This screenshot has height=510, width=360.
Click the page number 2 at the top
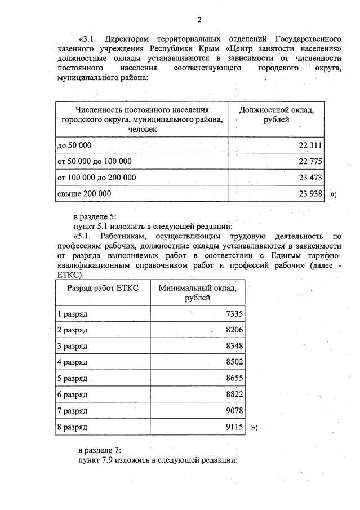click(x=199, y=20)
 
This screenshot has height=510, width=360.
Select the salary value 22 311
click(x=310, y=145)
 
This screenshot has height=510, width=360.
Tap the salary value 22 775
click(x=310, y=161)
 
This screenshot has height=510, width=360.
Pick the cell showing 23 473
click(x=310, y=177)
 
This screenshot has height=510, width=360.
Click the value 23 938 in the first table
click(x=310, y=193)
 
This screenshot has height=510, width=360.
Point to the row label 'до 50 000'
click(x=74, y=145)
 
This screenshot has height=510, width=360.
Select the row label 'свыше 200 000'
click(x=84, y=193)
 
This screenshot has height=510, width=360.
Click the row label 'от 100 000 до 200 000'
click(x=96, y=177)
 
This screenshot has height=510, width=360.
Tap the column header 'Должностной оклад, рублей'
click(x=277, y=114)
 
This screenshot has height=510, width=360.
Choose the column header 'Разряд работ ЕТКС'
click(x=103, y=288)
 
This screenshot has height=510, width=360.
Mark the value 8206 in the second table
click(x=234, y=329)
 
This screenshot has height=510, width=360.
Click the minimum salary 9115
click(x=234, y=427)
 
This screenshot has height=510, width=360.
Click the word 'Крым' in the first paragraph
click(x=211, y=49)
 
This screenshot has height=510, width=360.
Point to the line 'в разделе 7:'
click(x=99, y=450)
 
